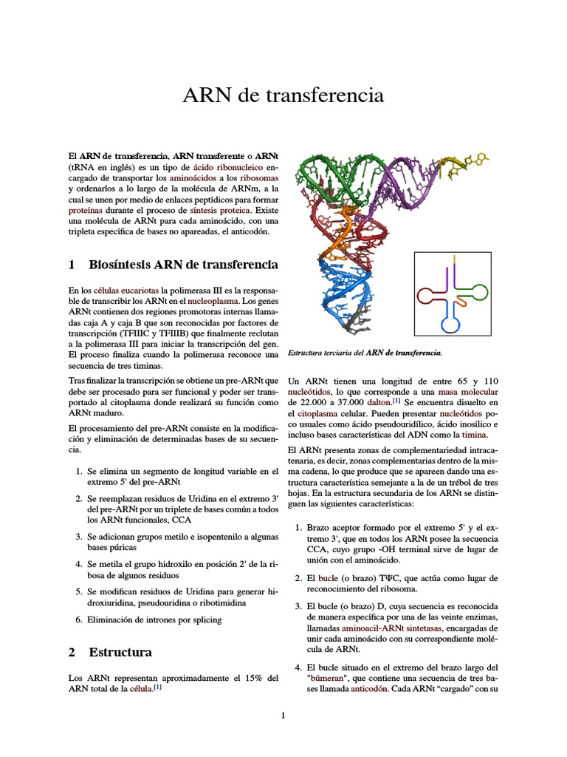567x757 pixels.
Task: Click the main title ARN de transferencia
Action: [283, 95]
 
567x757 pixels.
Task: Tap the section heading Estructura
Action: [120, 652]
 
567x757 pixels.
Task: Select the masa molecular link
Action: [468, 390]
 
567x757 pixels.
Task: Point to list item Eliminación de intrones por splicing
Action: [154, 619]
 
